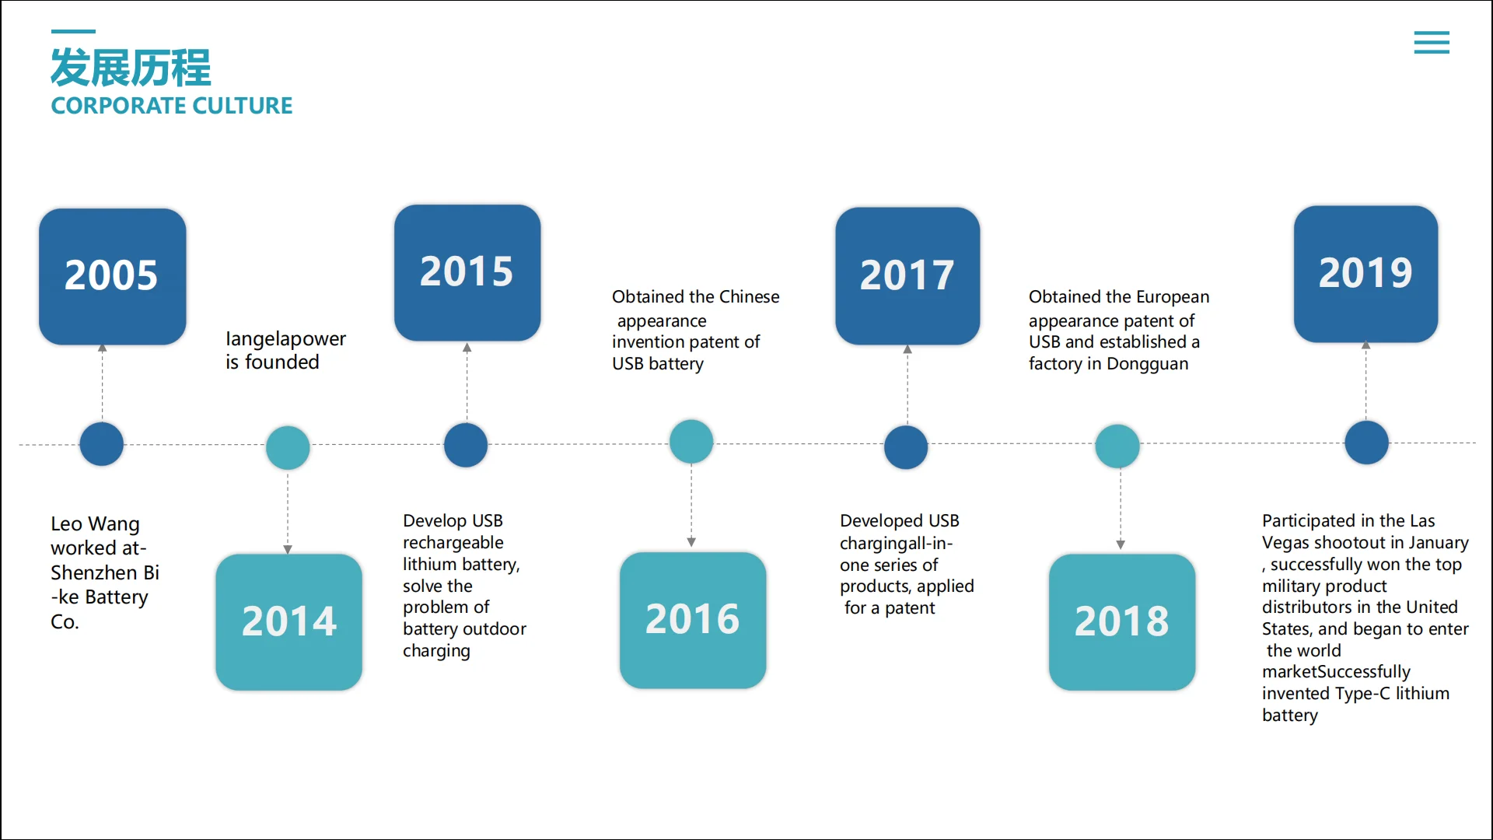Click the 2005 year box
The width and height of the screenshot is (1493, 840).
[112, 276]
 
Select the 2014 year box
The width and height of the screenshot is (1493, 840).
[288, 621]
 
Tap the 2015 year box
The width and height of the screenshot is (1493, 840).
[467, 272]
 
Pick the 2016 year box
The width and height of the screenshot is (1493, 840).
[692, 620]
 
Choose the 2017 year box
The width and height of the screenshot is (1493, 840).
[907, 275]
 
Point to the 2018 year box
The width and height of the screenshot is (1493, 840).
[1121, 621]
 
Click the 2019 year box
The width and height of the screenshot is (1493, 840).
[1365, 274]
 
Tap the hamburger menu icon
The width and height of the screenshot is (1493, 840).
[1432, 42]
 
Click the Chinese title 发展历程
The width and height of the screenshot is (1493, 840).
[131, 68]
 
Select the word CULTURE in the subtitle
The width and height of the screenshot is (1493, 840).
[243, 106]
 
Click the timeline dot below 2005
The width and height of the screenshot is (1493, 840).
[102, 444]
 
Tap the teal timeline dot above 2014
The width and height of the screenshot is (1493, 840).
[288, 447]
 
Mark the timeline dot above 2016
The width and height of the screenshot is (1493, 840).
[691, 441]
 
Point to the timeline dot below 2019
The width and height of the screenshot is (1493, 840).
[1366, 443]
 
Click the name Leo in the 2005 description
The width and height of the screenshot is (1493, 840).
[67, 524]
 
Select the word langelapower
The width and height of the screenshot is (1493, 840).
[285, 339]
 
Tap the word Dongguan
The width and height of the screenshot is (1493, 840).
[1147, 364]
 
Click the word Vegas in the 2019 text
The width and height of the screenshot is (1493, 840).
[1285, 543]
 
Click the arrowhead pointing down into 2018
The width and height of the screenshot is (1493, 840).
[1121, 544]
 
